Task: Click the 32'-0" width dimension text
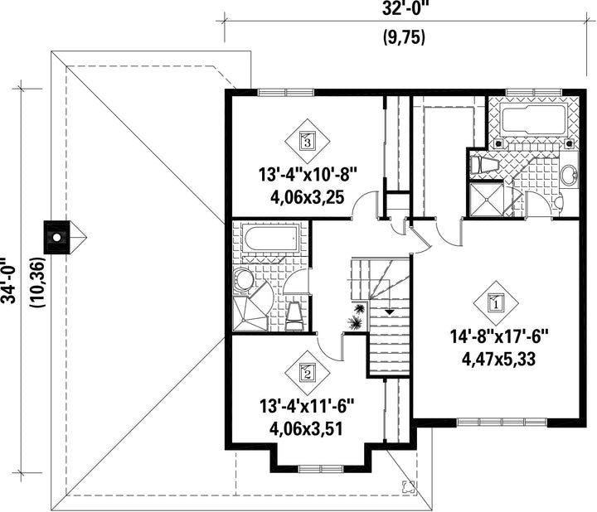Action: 404,8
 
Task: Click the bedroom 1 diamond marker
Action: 496,303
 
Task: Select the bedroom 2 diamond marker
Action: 308,372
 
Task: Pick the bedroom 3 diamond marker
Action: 308,142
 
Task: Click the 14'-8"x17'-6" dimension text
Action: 499,337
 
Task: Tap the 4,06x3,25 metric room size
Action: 307,197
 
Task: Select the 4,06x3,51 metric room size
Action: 307,428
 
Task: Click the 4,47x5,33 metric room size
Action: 499,359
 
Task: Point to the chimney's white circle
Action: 56,238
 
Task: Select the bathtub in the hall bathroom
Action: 271,239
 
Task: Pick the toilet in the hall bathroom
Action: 294,316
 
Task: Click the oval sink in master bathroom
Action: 569,176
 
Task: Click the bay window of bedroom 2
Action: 321,468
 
